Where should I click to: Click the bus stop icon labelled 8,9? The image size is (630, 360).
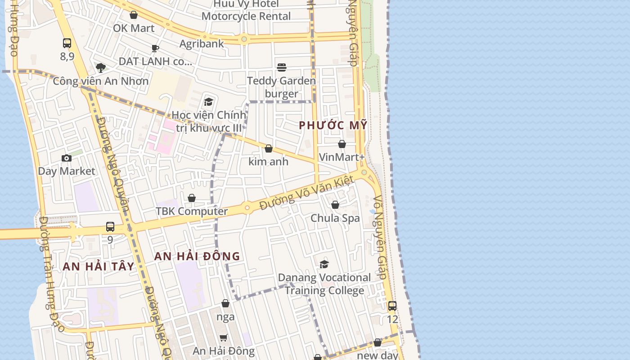67,43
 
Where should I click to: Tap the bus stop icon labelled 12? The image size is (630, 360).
392,306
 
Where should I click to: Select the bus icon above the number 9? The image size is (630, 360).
110,227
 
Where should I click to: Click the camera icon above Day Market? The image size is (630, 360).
67,158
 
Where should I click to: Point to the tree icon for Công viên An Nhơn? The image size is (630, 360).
101,68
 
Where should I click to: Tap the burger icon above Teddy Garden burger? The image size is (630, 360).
282,67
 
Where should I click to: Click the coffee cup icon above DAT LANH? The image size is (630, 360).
155,48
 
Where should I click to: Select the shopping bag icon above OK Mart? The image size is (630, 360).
134,15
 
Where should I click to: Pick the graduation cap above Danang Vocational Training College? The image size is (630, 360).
324,264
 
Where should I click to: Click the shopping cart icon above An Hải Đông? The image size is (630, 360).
224,337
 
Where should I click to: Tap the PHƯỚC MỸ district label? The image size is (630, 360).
333,126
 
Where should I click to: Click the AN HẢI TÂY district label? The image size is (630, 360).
99,266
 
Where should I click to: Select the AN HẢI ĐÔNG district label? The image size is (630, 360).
197,256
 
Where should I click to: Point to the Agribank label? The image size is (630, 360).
202,44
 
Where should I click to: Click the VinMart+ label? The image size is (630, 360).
342,157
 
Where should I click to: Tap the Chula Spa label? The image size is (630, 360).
335,218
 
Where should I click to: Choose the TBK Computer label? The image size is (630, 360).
192,211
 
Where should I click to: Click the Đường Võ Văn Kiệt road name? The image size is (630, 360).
307,193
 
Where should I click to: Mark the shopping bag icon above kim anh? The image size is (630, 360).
269,148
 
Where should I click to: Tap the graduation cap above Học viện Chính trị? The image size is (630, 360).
208,102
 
